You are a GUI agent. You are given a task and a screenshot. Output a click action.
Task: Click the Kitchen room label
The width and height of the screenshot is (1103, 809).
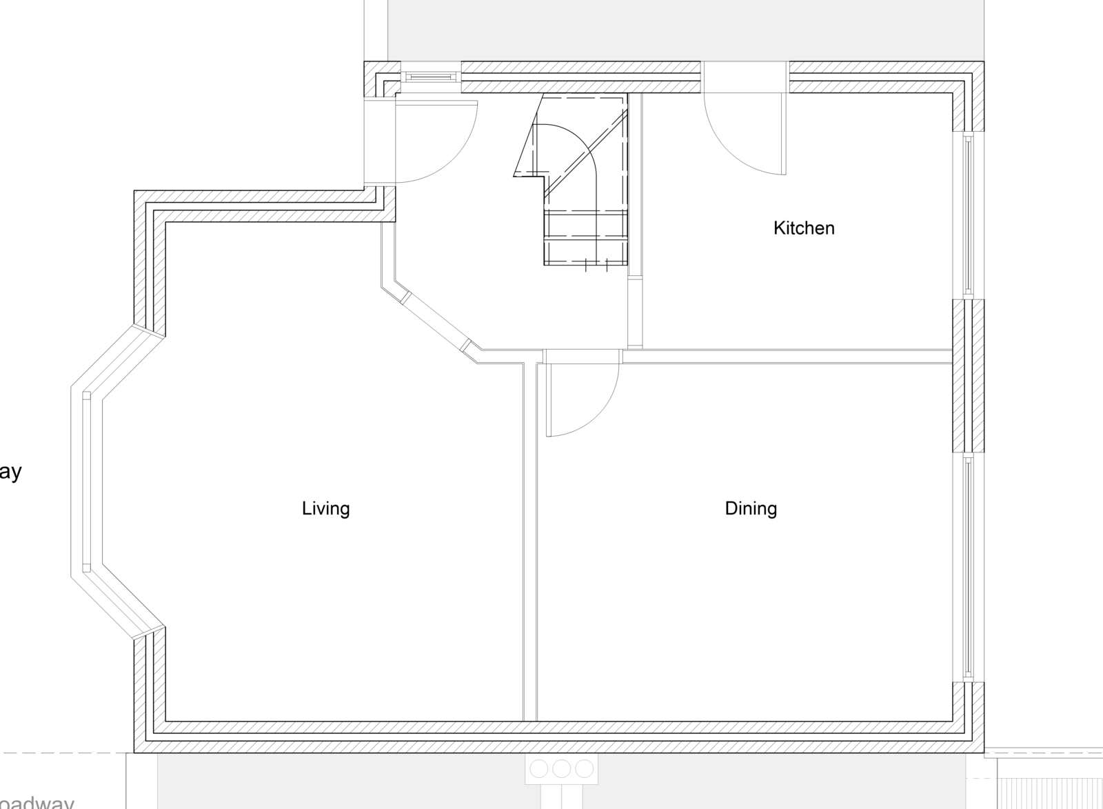pyautogui.click(x=804, y=228)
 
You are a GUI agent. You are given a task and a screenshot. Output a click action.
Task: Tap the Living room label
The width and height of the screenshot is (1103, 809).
pyautogui.click(x=326, y=509)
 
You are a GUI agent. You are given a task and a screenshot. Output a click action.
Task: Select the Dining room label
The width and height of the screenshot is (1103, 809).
pyautogui.click(x=751, y=509)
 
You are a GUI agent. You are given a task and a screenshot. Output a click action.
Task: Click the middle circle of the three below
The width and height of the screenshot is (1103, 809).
pyautogui.click(x=561, y=768)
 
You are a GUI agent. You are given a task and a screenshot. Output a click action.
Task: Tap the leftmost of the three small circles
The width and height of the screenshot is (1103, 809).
pyautogui.click(x=539, y=768)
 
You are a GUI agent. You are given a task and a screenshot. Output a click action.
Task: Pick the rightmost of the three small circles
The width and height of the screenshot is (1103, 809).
pyautogui.click(x=584, y=768)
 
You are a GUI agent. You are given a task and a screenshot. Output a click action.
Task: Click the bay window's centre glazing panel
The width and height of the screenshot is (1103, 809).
pyautogui.click(x=86, y=481)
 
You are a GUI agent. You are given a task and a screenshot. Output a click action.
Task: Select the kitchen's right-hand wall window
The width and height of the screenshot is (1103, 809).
pyautogui.click(x=968, y=214)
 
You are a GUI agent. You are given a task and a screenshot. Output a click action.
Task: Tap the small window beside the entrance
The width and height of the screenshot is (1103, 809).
pyautogui.click(x=431, y=76)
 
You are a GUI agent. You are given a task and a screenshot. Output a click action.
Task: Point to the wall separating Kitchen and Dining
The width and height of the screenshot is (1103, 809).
pyautogui.click(x=786, y=356)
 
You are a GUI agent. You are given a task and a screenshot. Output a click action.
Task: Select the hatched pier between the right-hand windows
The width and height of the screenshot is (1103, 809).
pyautogui.click(x=968, y=376)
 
